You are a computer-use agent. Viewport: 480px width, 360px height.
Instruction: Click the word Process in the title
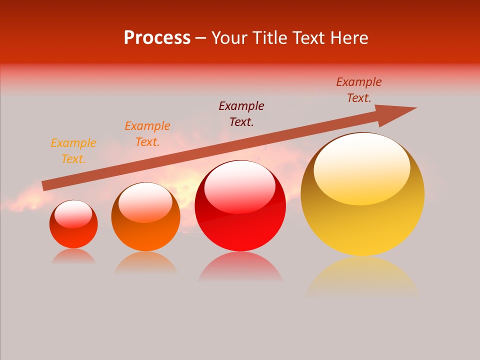click(157, 38)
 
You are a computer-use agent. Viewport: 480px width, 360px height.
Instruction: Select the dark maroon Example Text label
click(241, 114)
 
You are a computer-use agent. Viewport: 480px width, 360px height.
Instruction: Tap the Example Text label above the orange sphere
click(147, 134)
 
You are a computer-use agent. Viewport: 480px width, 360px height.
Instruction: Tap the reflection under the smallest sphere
click(73, 256)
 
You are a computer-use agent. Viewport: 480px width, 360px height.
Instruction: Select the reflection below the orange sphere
click(145, 262)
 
